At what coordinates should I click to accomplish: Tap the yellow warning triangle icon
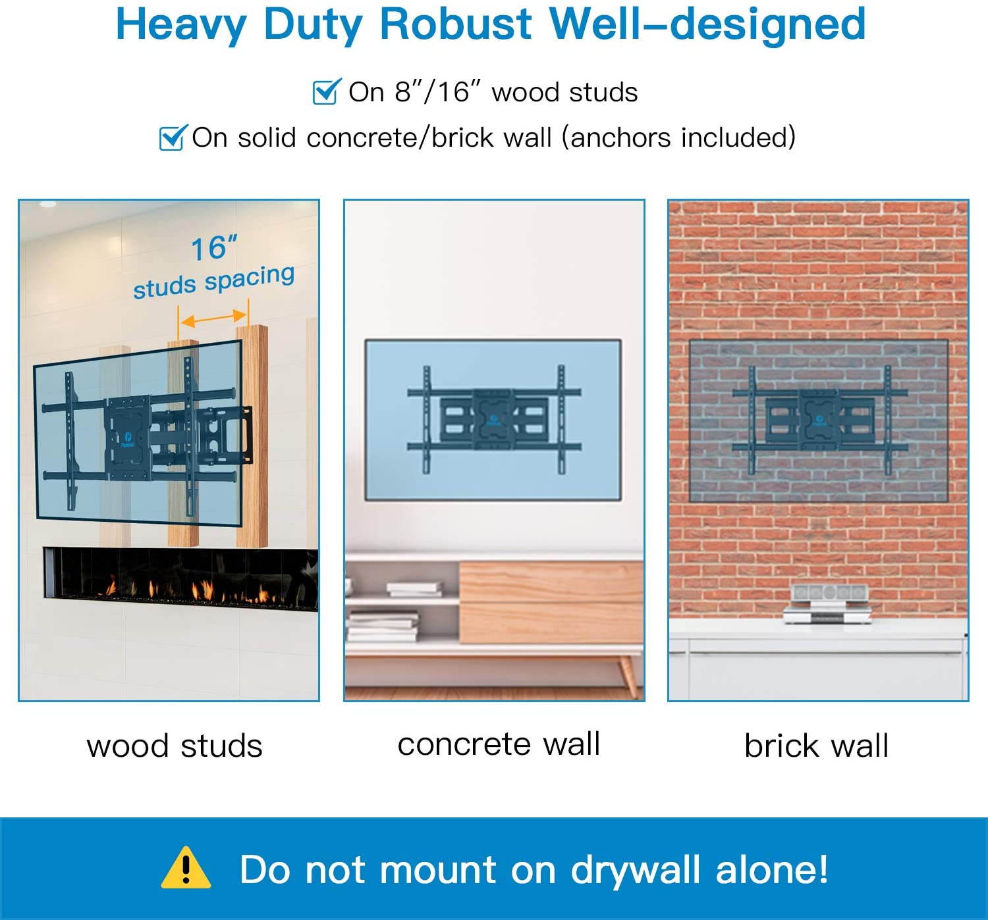(186, 868)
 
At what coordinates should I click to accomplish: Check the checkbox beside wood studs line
(327, 91)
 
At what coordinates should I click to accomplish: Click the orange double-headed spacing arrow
(213, 319)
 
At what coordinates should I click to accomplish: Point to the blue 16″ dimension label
(214, 248)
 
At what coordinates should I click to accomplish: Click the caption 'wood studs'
(174, 746)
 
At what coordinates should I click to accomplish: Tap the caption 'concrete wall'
(499, 744)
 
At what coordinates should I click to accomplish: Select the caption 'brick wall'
(816, 746)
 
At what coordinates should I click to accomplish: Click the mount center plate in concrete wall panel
(493, 419)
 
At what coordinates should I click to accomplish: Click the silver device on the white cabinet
(827, 604)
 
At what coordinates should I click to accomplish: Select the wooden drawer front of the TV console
(551, 601)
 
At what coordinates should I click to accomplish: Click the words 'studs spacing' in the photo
(214, 282)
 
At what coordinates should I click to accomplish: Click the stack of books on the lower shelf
(383, 626)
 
